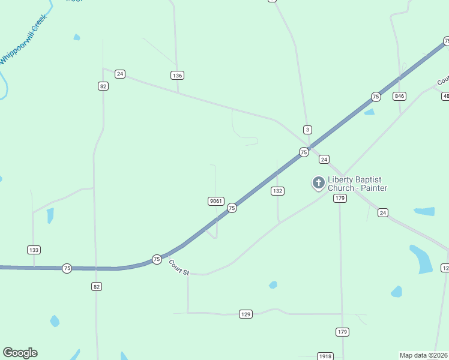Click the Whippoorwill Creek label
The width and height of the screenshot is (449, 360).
[x=23, y=40]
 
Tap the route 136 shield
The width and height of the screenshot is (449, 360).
[x=176, y=76]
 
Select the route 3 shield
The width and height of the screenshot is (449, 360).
[x=307, y=130]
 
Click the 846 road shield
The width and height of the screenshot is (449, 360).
[x=400, y=96]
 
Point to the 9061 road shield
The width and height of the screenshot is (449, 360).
[x=216, y=200]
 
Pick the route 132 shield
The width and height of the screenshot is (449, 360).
[x=277, y=191]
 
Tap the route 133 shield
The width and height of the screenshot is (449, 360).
[x=34, y=250]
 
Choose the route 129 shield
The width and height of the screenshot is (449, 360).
[x=245, y=314]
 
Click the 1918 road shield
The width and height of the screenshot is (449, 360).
[x=325, y=356]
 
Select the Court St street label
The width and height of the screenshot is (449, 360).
[x=179, y=268]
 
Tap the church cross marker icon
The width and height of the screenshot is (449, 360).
[x=318, y=182]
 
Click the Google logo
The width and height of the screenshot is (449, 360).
[x=20, y=353]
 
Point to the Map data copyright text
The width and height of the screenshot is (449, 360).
[x=424, y=355]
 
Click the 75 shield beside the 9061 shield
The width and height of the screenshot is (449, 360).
[x=232, y=208]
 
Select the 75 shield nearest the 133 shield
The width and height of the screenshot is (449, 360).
[x=67, y=268]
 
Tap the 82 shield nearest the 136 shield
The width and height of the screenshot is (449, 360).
[x=103, y=86]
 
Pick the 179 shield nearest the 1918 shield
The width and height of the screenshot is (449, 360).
[x=342, y=332]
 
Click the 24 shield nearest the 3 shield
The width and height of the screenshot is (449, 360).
[x=324, y=159]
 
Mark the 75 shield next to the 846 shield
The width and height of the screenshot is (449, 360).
[x=376, y=97]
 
